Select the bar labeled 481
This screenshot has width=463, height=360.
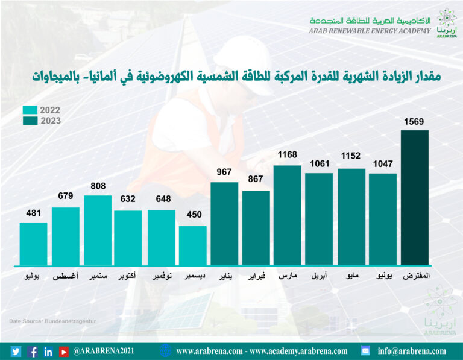(33, 244)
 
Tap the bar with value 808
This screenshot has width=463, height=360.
(97, 230)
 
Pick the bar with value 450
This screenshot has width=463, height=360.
(193, 245)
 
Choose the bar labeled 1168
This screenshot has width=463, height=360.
(288, 215)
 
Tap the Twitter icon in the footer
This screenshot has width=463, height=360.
(16, 351)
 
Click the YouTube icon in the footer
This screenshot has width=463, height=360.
(63, 351)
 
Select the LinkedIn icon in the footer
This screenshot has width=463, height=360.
(48, 351)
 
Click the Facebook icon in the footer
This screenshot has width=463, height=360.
(33, 351)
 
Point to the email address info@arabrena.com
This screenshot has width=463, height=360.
(412, 351)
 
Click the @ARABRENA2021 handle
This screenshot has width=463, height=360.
(104, 351)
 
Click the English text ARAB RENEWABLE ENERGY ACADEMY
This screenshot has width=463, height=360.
(370, 31)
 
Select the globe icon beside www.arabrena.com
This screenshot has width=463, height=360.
(166, 350)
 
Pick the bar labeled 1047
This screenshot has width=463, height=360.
(383, 219)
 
